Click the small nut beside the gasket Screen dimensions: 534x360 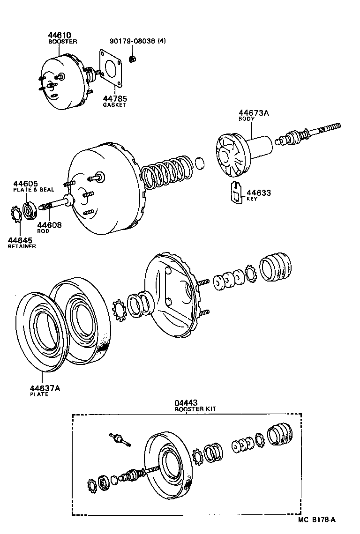[x=133, y=59]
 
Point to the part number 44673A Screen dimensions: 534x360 [x=253, y=113]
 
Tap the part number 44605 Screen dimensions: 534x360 [x=25, y=184]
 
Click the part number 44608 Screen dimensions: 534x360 [x=49, y=225]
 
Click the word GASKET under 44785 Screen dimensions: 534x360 [x=114, y=105]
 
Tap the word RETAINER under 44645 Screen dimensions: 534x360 [x=22, y=246]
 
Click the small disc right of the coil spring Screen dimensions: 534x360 [x=199, y=163]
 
